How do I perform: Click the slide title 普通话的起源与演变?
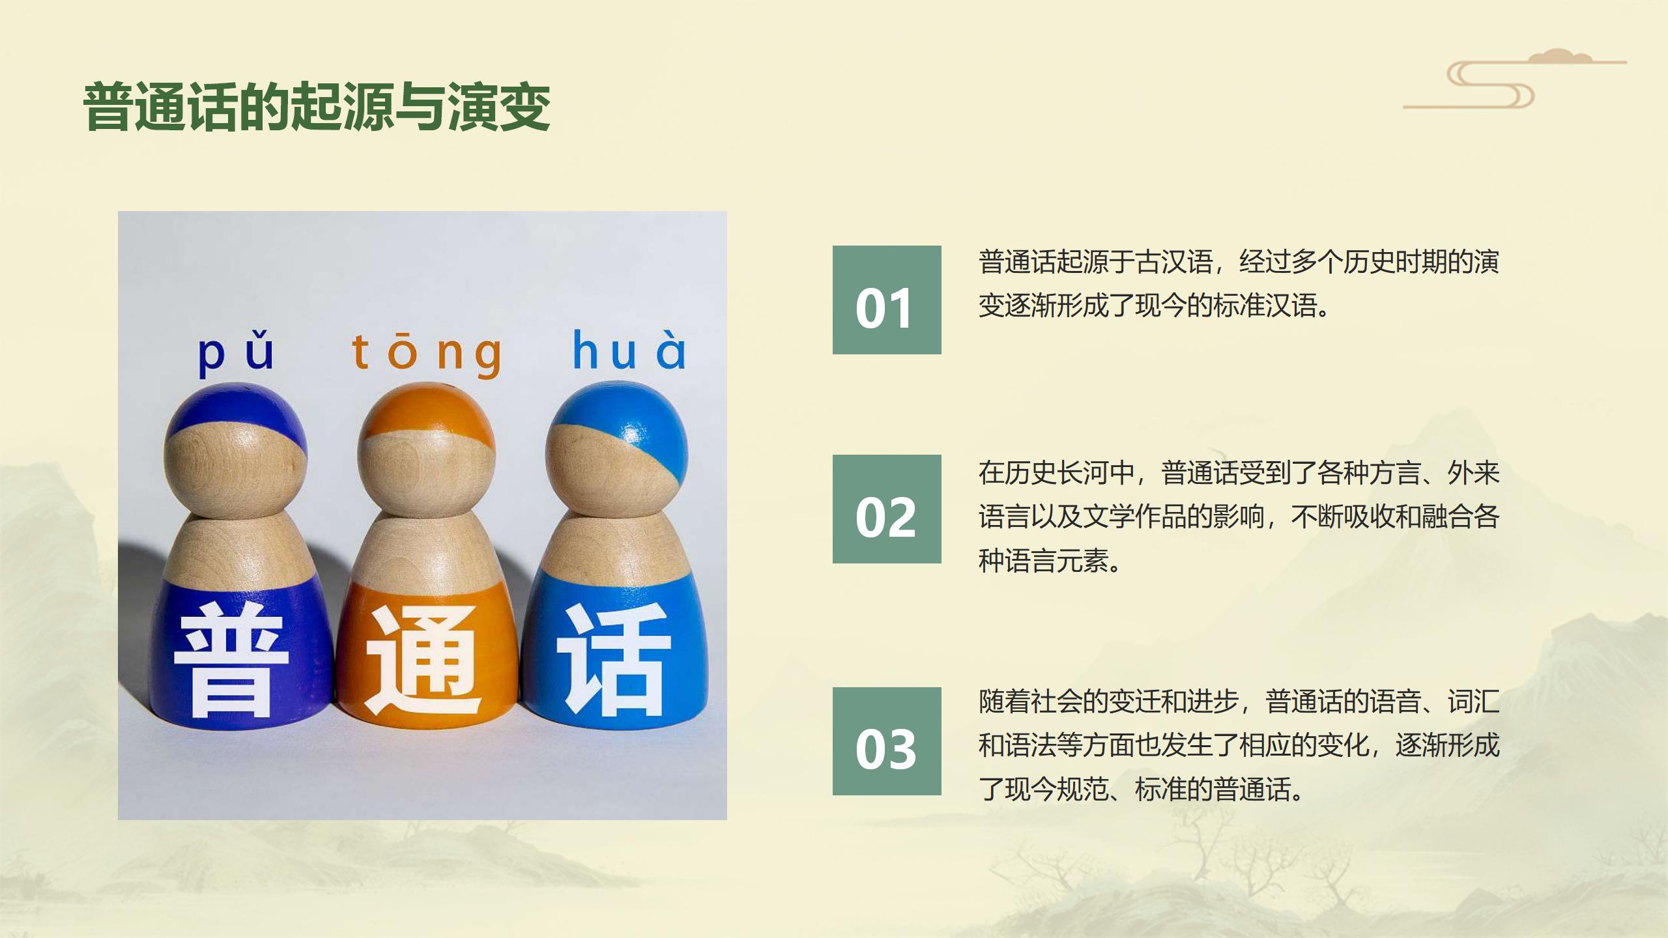point(317,107)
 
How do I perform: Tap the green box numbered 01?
point(887,300)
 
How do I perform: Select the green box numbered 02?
point(887,509)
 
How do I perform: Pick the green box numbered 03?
point(887,741)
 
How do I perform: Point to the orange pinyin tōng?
point(427,354)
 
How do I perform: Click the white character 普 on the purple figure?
point(231,659)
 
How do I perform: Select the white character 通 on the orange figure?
point(424,661)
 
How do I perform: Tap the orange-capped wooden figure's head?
point(426,449)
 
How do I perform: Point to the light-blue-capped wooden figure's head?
point(616,449)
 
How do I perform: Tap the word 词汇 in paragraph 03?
point(1474,702)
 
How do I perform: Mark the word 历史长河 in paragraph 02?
point(1057,473)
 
